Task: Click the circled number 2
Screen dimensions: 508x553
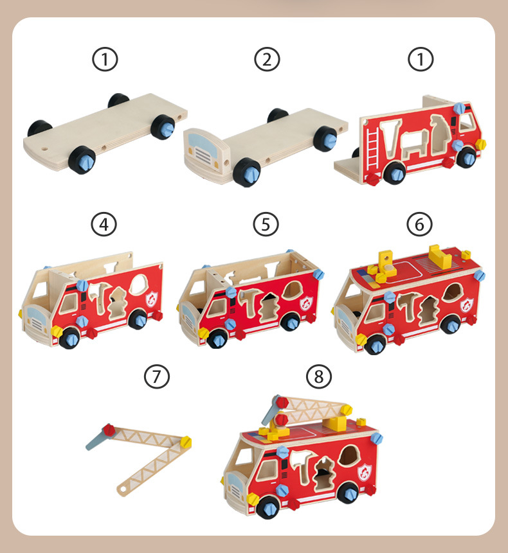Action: (267, 59)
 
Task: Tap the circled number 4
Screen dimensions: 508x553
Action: (104, 224)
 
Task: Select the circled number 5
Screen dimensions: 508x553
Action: (266, 224)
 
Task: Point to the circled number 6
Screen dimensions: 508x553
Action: (419, 224)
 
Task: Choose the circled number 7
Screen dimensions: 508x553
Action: (157, 376)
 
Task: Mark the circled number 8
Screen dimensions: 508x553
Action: (319, 376)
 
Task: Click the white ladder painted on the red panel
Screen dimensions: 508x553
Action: (372, 148)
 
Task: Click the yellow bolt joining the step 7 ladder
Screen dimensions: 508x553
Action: (185, 442)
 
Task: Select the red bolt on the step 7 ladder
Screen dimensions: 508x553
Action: (109, 430)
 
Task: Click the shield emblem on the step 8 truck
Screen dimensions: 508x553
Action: (365, 472)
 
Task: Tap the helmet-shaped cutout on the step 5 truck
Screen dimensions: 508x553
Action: (292, 289)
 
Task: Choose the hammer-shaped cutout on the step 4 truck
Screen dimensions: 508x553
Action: (98, 292)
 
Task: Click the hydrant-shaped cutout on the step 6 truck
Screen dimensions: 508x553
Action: (428, 310)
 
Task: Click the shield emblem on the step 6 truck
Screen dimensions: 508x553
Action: (467, 304)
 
